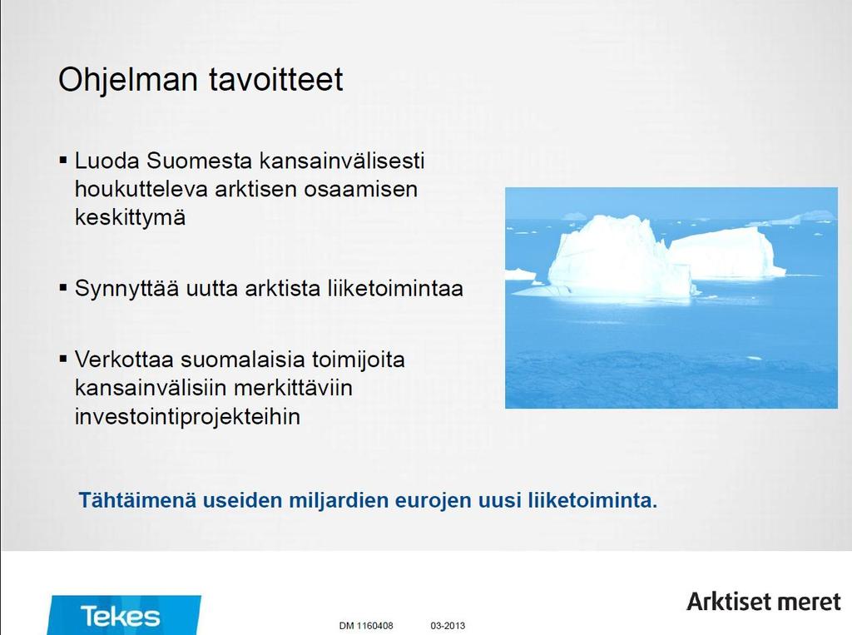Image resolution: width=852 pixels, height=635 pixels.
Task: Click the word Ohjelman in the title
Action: coord(127,81)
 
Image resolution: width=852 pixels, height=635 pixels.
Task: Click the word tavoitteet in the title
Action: coord(276,79)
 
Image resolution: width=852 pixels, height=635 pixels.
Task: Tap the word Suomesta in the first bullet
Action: coord(200,161)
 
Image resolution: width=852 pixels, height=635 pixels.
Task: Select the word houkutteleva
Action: coord(141,189)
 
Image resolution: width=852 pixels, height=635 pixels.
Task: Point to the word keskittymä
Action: coord(130,218)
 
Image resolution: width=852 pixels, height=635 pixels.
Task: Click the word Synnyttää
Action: coord(126,289)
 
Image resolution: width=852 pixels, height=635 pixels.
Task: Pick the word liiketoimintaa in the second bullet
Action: coord(395,288)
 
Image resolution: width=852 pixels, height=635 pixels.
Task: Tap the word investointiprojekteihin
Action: coord(187,417)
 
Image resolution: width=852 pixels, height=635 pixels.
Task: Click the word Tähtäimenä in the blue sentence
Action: coord(137,500)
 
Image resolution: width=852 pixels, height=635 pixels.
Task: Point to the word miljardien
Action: coord(338,500)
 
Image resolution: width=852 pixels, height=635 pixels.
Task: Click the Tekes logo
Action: coord(124,615)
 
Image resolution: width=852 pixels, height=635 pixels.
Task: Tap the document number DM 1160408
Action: coord(366,626)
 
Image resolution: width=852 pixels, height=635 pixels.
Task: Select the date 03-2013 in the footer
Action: coord(448,626)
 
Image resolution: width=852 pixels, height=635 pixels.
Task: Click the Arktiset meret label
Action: coord(764,602)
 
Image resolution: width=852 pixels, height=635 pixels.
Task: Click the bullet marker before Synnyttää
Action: coord(63,288)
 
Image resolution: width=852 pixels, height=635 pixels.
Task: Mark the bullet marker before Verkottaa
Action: coord(63,359)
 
